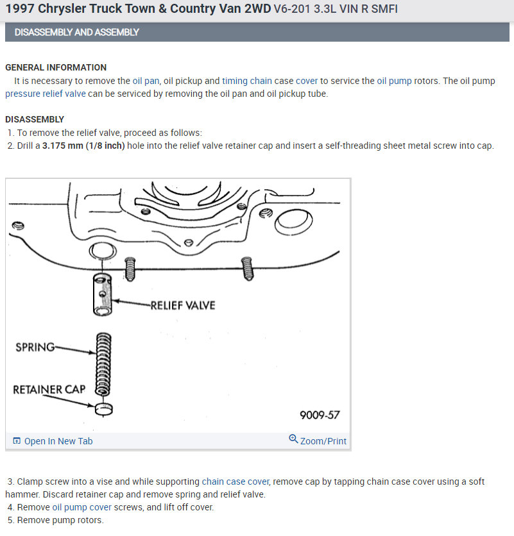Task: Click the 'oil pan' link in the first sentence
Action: click(x=146, y=81)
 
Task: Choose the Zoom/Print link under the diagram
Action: click(x=318, y=441)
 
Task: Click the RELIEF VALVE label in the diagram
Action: click(x=183, y=305)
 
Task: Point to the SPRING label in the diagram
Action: click(x=35, y=348)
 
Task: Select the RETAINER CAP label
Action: click(x=49, y=389)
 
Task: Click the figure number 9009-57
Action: click(x=320, y=415)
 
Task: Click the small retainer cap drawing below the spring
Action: click(x=103, y=408)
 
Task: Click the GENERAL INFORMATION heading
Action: click(x=56, y=67)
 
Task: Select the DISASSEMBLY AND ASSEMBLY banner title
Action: click(x=76, y=32)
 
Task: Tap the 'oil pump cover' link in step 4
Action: click(x=81, y=507)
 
